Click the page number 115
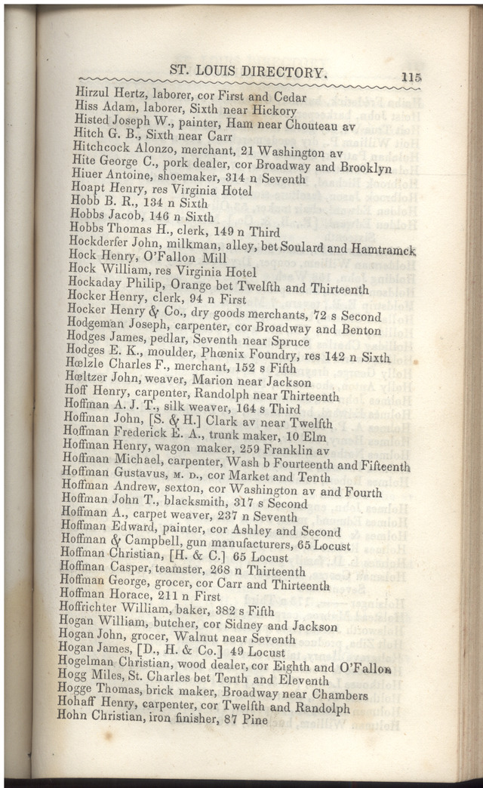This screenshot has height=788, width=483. tap(411, 77)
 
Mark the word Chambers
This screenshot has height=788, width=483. tap(338, 694)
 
